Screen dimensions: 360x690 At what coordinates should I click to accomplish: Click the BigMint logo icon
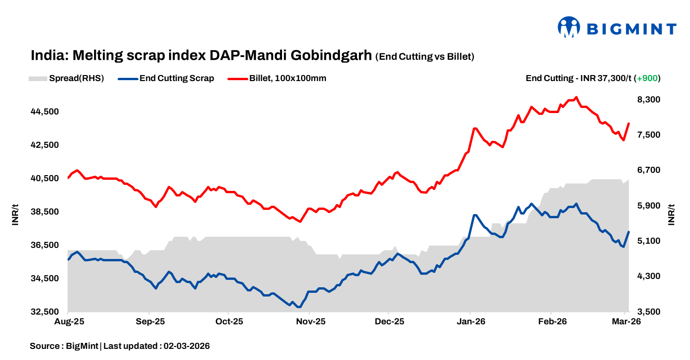coord(569,27)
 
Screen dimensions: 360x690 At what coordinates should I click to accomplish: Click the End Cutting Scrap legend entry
coord(167,78)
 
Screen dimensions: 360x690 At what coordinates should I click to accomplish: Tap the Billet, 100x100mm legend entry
coord(277,78)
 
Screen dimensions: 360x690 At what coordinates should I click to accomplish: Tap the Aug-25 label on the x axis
coord(68,322)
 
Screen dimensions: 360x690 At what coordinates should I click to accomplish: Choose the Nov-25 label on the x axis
coord(310,322)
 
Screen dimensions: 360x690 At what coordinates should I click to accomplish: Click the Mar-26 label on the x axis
coord(626,322)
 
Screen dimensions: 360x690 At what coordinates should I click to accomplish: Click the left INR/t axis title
coord(15,215)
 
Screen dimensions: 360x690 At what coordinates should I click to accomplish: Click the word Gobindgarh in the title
coord(331,56)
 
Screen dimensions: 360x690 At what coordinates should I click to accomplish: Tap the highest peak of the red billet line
coord(576,97)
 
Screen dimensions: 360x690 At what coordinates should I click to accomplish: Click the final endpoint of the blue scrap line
coord(628,232)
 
